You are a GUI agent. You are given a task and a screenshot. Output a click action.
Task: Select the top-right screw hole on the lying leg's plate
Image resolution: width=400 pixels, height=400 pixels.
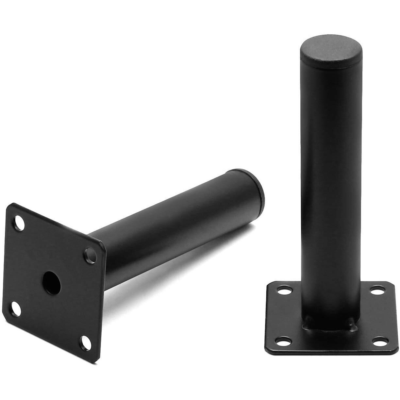pyautogui.click(x=90, y=255)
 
